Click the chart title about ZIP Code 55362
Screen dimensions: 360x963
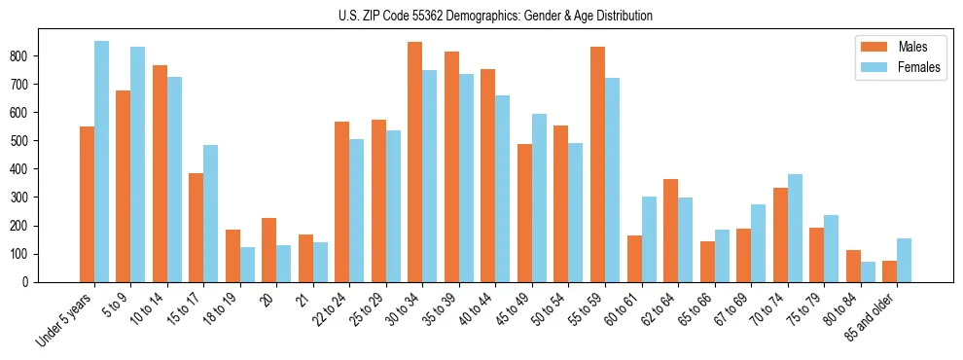pyautogui.click(x=481, y=17)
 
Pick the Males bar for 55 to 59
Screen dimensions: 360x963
pyautogui.click(x=597, y=164)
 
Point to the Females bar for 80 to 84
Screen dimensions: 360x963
pyautogui.click(x=868, y=271)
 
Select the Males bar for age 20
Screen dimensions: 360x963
pyautogui.click(x=269, y=250)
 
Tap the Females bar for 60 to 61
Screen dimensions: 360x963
pyautogui.click(x=649, y=239)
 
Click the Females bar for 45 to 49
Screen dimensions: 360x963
pyautogui.click(x=539, y=198)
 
